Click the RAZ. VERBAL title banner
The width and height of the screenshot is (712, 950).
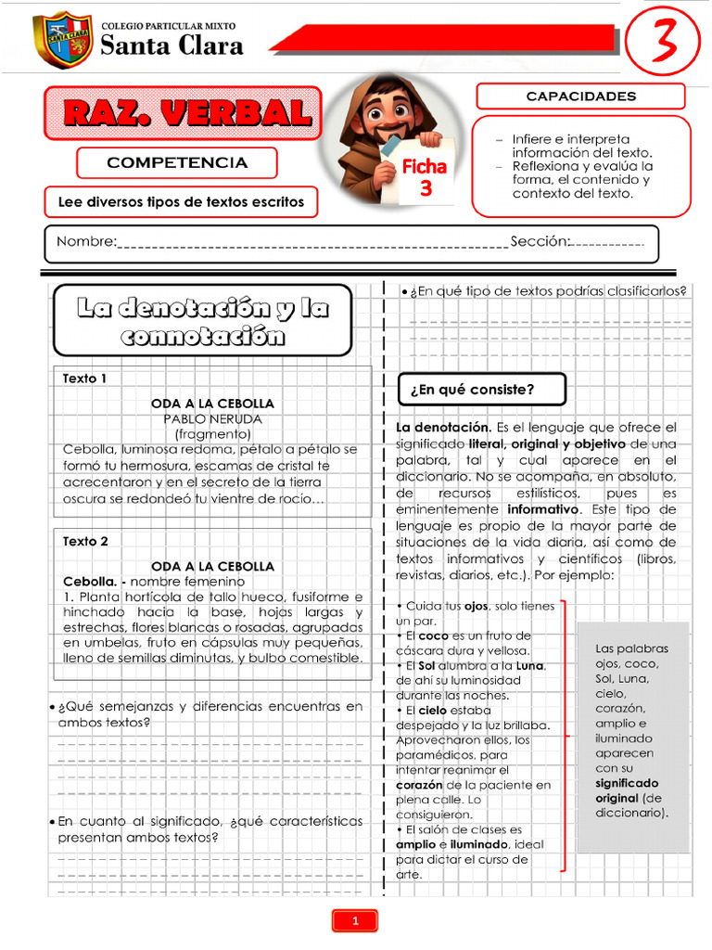coord(186,113)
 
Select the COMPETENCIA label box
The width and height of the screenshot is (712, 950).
coord(177,162)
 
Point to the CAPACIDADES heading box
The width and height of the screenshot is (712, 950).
coord(580,96)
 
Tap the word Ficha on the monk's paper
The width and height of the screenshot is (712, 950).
coord(424,167)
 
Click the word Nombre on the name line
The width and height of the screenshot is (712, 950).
coord(86,242)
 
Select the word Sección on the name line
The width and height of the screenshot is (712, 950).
coord(540,242)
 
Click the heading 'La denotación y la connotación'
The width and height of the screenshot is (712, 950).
coord(202,320)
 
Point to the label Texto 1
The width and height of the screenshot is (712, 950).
coord(85,379)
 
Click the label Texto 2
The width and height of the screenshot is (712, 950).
coord(85,541)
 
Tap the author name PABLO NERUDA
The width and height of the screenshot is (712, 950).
coord(212,418)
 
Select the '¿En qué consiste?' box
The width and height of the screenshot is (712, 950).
coord(481,390)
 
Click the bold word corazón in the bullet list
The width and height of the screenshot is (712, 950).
coord(420,785)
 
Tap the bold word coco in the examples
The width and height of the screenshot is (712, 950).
coord(433,635)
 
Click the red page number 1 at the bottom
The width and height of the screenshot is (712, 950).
coord(355,920)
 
